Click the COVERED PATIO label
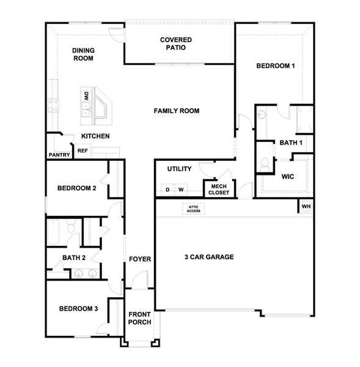pos(176,44)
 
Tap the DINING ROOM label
pos(83,54)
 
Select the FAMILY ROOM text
pos(177,111)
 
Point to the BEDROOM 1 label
pos(276,65)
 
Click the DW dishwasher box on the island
pos(86,96)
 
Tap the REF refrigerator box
pos(82,149)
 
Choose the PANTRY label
pos(59,155)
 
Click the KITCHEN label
pos(95,136)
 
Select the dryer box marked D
pos(167,190)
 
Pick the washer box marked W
pos(181,190)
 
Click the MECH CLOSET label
pos(219,189)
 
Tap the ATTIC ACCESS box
pos(193,209)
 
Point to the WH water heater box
pos(306,206)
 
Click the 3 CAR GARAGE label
pos(210,257)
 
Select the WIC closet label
pos(288,177)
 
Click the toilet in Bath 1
pos(265,163)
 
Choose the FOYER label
pos(139,259)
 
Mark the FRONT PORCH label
pos(139,319)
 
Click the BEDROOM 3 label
pos(78,309)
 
